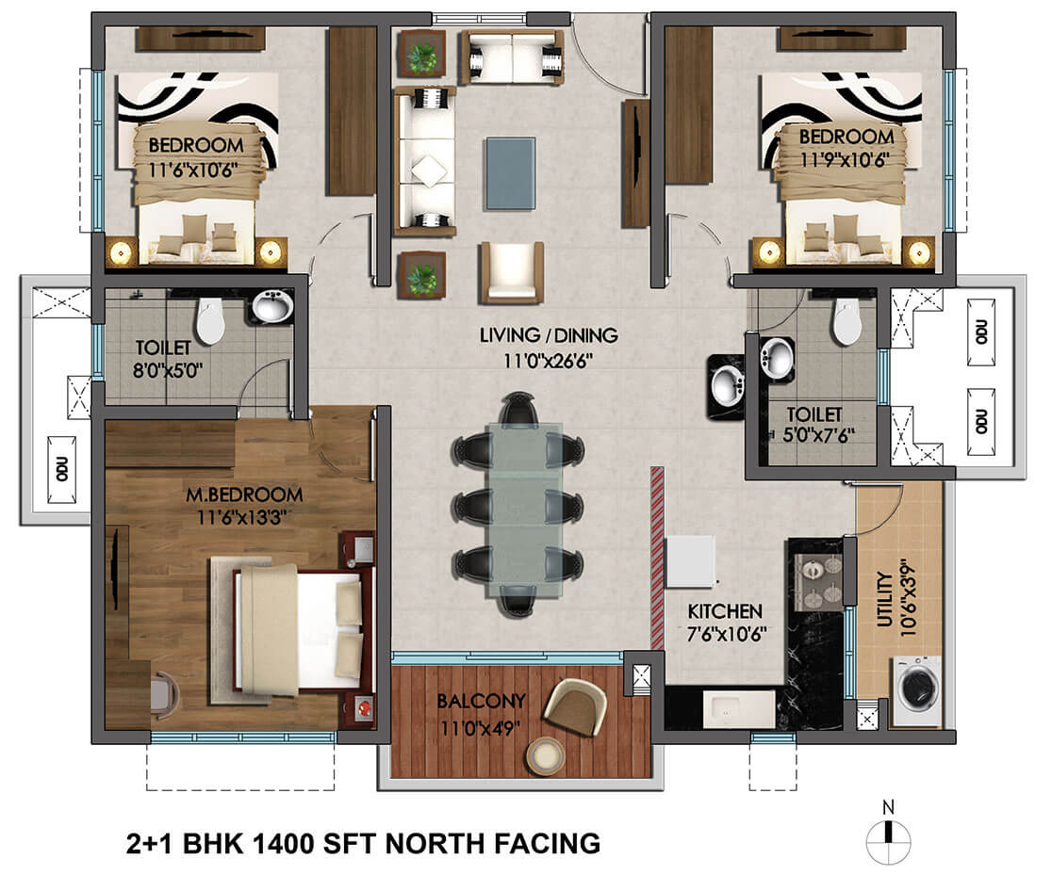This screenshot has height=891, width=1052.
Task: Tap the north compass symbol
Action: pos(887,834)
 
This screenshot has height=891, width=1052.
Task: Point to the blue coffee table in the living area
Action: pos(511,173)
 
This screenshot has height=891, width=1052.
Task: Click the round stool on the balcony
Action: pos(544,754)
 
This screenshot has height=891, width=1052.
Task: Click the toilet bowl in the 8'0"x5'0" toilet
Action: pos(209,321)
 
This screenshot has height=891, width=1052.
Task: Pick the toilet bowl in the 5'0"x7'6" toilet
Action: pos(847,322)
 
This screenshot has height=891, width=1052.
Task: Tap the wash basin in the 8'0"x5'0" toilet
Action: pos(272,307)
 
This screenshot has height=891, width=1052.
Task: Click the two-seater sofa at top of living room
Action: pos(511,57)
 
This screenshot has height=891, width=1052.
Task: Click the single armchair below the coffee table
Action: pos(512,272)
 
